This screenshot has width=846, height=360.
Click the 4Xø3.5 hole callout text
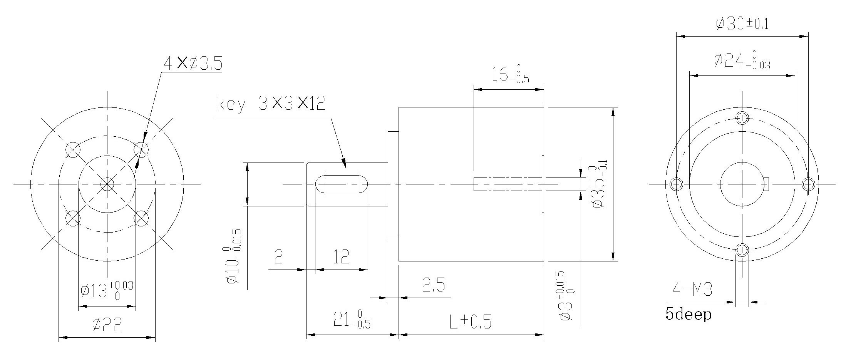click(193, 64)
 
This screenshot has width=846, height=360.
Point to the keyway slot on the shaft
click(341, 184)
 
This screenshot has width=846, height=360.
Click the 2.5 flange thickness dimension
click(433, 286)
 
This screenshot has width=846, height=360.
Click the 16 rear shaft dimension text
click(510, 74)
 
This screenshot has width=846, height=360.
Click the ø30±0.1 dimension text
click(742, 24)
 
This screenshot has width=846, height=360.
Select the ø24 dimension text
click(742, 61)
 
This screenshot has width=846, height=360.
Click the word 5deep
click(689, 315)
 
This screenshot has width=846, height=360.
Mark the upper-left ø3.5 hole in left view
click(73, 149)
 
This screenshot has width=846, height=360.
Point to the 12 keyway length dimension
click(341, 257)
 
